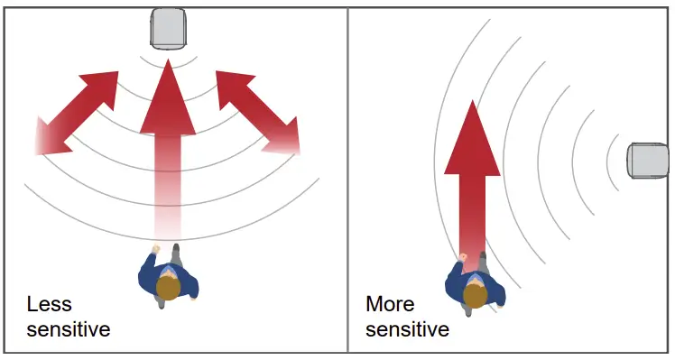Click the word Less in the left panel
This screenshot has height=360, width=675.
tap(49, 304)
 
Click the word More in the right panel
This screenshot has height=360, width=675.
tap(390, 304)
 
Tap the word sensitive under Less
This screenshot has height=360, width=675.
tap(69, 329)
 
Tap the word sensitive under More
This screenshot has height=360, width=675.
tap(408, 329)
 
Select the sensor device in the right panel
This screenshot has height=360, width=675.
tap(648, 162)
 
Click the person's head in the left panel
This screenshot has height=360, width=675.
tap(166, 288)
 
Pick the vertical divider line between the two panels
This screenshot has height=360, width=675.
tap(347, 180)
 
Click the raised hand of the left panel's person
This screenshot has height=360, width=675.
tap(155, 248)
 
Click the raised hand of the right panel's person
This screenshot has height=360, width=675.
tap(463, 259)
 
